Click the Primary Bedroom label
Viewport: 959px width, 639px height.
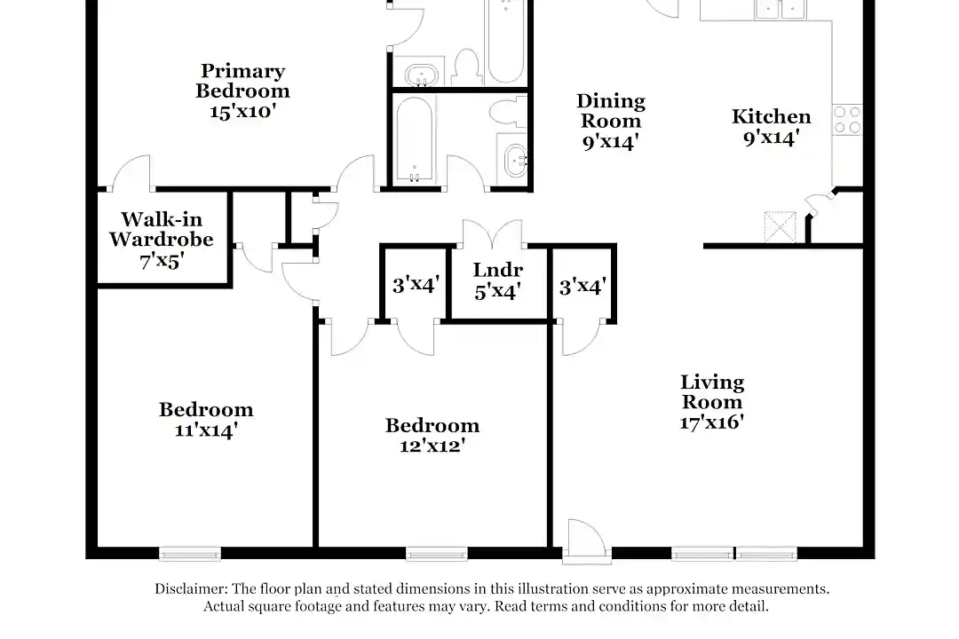click(x=242, y=81)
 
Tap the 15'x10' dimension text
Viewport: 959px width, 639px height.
click(x=242, y=111)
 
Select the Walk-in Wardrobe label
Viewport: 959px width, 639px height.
click(x=162, y=229)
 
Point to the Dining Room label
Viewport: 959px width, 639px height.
click(x=611, y=111)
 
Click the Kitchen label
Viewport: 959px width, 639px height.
click(x=772, y=116)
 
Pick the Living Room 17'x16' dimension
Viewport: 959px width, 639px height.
click(x=712, y=422)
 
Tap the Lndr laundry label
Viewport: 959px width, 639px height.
click(x=498, y=270)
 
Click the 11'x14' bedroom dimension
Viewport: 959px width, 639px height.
click(x=206, y=430)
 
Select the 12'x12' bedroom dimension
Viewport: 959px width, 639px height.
click(x=432, y=446)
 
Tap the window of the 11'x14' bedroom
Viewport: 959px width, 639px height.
click(x=190, y=554)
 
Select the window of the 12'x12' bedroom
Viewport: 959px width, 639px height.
click(x=437, y=554)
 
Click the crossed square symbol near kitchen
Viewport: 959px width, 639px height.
click(x=781, y=227)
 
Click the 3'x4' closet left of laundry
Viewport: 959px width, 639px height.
click(x=416, y=284)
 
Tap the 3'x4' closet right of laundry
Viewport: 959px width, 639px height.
click(x=583, y=286)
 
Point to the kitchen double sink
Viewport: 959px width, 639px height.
click(x=780, y=9)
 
